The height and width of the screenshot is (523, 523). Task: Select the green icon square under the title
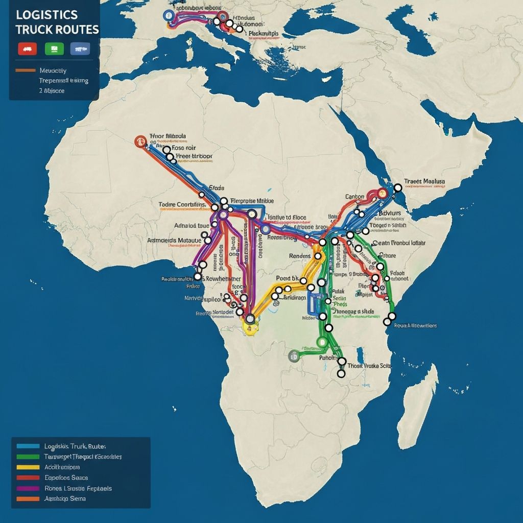(x=54, y=49)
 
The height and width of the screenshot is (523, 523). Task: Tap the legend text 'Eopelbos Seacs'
(x=66, y=478)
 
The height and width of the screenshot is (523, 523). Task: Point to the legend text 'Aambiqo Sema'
(x=65, y=498)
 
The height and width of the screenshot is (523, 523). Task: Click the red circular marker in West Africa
(x=139, y=141)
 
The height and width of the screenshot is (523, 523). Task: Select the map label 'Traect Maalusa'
(x=424, y=181)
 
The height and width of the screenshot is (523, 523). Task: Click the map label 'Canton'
(x=355, y=197)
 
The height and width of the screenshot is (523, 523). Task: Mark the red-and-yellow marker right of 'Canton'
(x=381, y=194)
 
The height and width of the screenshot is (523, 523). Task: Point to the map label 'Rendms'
(x=300, y=256)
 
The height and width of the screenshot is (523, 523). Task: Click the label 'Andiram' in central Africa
(x=295, y=297)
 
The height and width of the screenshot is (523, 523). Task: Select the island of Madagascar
(x=419, y=398)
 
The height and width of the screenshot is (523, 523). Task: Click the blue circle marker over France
(x=168, y=15)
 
